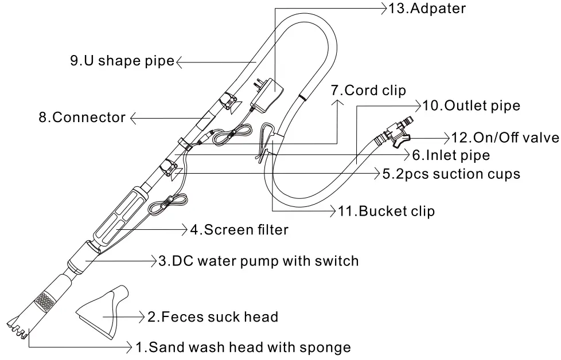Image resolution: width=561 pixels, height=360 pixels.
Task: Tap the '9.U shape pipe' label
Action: tap(122, 60)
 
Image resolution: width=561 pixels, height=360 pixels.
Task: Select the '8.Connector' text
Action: tap(82, 118)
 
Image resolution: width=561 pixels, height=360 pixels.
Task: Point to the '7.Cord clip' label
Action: tap(368, 91)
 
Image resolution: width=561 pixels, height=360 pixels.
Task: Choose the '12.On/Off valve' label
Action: tap(505, 138)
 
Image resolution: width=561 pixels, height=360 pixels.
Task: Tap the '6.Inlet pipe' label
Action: tap(451, 155)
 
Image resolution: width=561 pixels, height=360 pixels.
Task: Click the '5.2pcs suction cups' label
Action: tap(451, 174)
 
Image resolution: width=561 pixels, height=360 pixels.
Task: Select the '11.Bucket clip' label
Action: tap(386, 211)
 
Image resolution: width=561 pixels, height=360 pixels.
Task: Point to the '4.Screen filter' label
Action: tap(239, 230)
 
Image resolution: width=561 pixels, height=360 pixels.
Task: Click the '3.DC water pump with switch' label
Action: tap(258, 261)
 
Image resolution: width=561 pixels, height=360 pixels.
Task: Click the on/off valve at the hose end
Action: tap(396, 134)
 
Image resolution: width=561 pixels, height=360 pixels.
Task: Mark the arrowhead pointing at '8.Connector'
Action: tap(133, 119)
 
